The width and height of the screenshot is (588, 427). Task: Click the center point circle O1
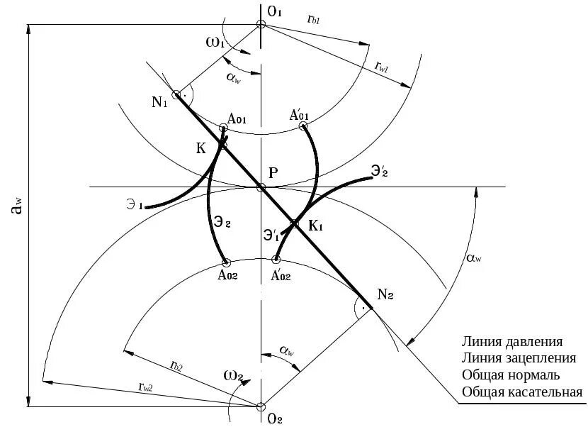coord(261,24)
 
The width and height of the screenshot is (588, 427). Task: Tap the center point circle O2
coord(261,406)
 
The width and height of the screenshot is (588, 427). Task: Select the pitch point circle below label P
coord(261,187)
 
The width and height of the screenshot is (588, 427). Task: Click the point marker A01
coord(223,128)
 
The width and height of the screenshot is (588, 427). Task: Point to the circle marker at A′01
coord(303,126)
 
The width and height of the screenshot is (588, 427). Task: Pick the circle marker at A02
coord(225,260)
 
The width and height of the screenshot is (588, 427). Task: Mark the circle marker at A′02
coord(276,260)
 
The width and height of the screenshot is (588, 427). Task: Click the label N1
coord(159,102)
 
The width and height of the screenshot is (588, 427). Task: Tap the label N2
coord(386,294)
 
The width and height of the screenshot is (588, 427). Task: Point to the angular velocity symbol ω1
coord(215,43)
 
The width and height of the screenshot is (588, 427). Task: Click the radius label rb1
coord(315,21)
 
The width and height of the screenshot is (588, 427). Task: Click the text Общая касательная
coord(521,392)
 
